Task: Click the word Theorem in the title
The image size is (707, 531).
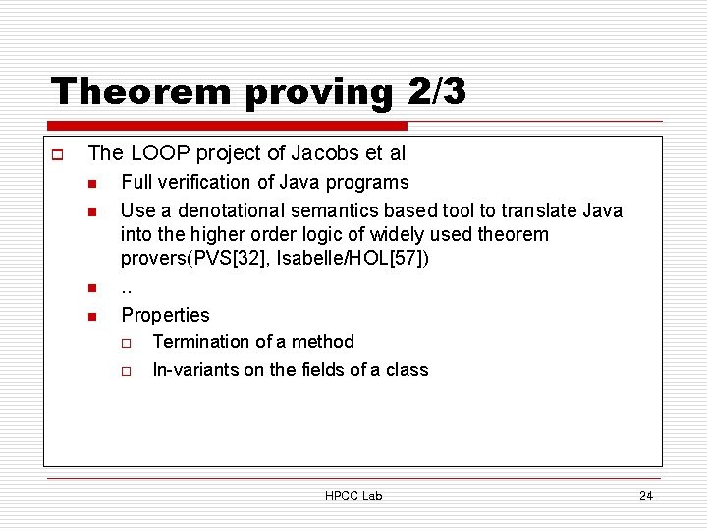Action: [x=129, y=91]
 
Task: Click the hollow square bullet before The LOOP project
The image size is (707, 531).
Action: [x=57, y=154]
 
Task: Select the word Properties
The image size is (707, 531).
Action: [x=165, y=315]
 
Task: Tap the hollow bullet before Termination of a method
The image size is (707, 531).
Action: [x=127, y=343]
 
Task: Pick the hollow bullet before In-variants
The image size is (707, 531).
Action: [x=127, y=371]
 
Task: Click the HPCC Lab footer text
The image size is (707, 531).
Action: [x=353, y=496]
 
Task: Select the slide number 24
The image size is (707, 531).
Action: [x=645, y=496]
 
